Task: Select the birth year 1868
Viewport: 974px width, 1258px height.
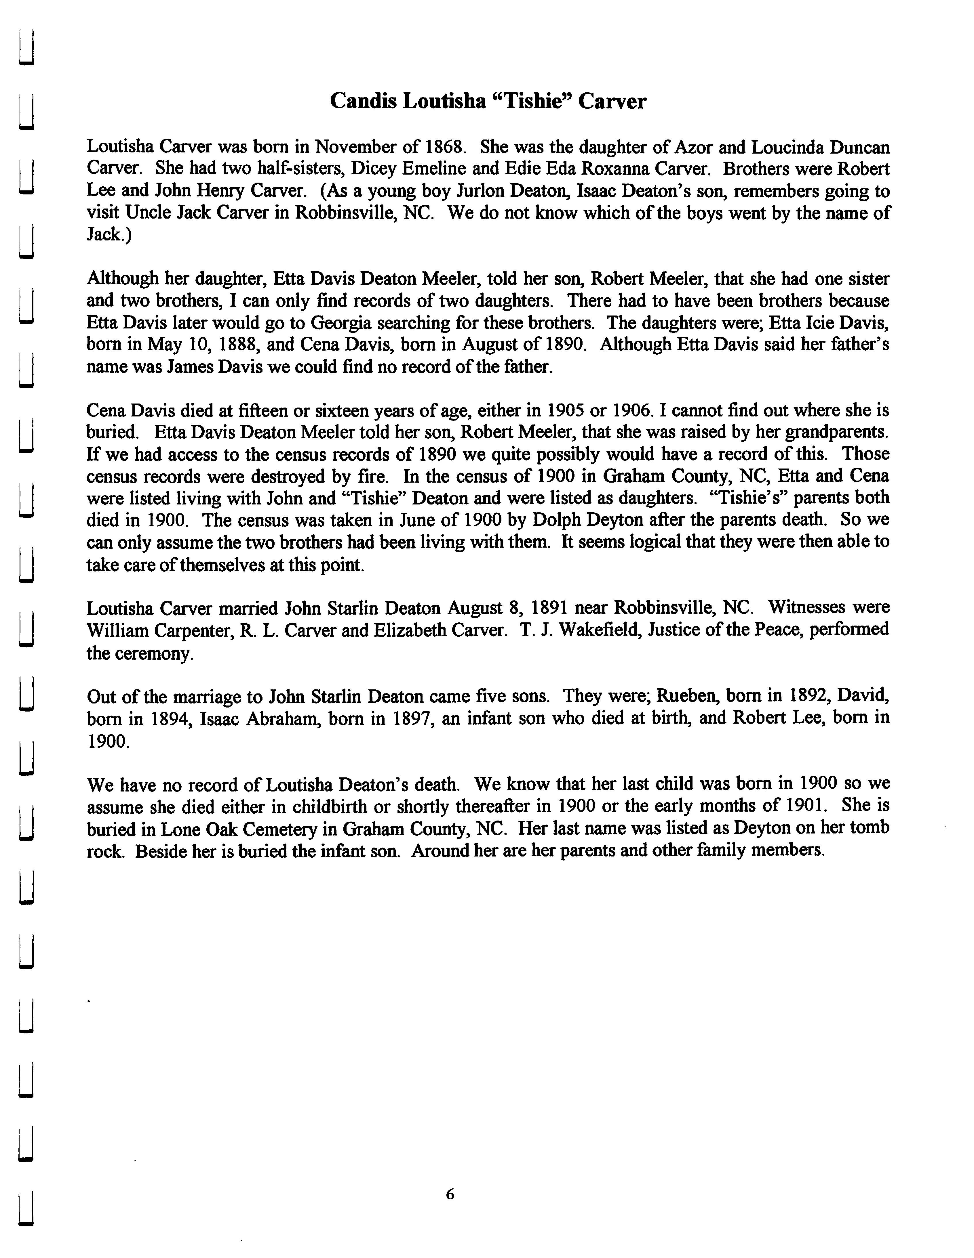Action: pyautogui.click(x=444, y=148)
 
